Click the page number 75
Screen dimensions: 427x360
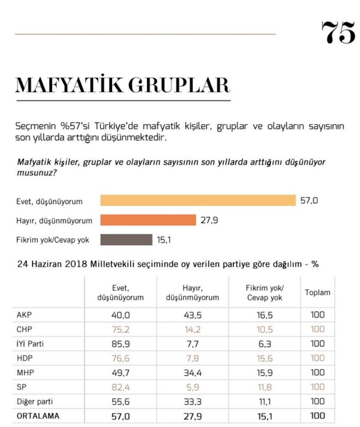pyautogui.click(x=338, y=32)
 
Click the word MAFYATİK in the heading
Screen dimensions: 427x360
pyautogui.click(x=68, y=85)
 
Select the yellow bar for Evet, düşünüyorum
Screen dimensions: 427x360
pyautogui.click(x=198, y=200)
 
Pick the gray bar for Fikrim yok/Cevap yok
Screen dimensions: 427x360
pyautogui.click(x=126, y=240)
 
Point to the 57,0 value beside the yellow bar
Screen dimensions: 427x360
pyautogui.click(x=309, y=200)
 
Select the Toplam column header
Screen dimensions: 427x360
pyautogui.click(x=317, y=292)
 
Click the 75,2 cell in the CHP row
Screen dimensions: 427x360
pyautogui.click(x=120, y=329)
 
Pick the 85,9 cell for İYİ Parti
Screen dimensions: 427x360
pyautogui.click(x=120, y=344)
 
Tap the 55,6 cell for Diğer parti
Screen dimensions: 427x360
pyautogui.click(x=120, y=401)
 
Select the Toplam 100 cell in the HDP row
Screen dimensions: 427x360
pyautogui.click(x=317, y=358)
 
